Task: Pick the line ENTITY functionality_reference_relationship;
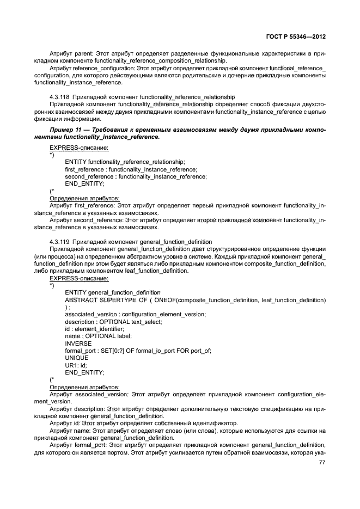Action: coord(125,162)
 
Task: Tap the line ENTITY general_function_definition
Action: coord(113,293)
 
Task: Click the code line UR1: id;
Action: coord(76,365)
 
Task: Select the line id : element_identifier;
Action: coord(94,329)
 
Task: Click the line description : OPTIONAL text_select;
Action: coord(113,322)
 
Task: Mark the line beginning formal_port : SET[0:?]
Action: coord(138,351)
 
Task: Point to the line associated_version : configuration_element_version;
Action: coord(135,315)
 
